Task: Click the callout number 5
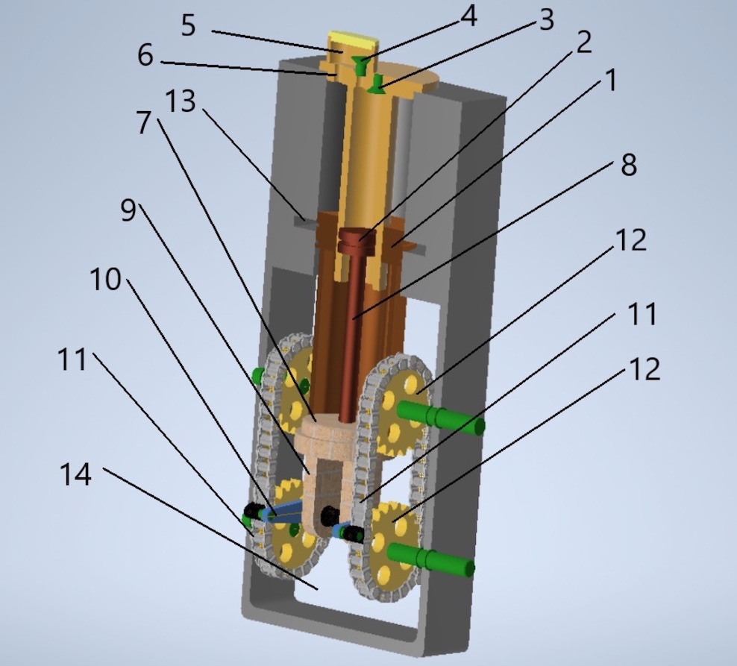coord(188,25)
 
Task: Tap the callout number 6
coord(145,55)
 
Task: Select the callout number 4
coord(468,16)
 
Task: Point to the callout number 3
coord(546,20)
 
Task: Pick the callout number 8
coord(628,165)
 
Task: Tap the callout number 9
coord(129,211)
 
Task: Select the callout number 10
coord(105,280)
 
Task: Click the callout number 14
coord(75,474)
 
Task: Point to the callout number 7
coord(144,123)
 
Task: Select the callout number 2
coord(583,43)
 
